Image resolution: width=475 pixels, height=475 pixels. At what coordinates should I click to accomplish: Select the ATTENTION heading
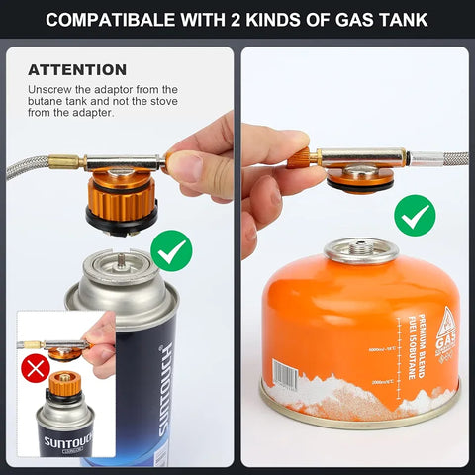tap(77, 70)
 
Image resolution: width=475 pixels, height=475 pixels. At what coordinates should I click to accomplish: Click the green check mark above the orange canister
tap(415, 215)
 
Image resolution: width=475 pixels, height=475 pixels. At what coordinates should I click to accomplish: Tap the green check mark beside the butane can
tap(172, 251)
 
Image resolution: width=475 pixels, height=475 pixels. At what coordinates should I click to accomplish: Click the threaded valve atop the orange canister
tap(361, 249)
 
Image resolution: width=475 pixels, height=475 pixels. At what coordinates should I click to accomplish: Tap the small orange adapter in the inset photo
tap(65, 381)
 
